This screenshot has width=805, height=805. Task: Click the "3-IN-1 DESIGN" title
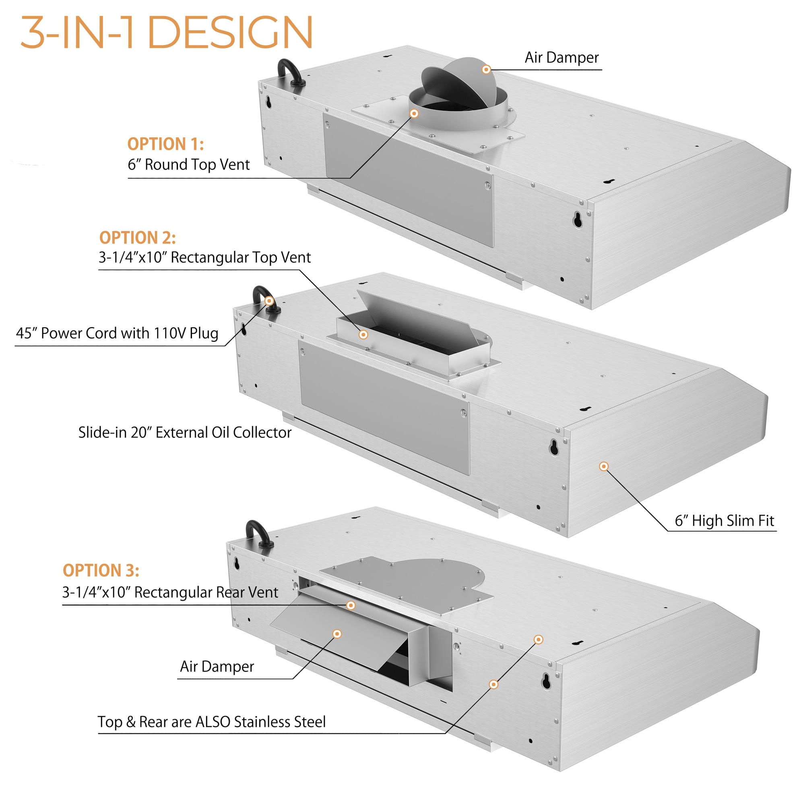pos(167,33)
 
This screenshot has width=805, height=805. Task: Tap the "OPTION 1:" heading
pos(165,144)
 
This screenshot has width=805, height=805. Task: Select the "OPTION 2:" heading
pos(138,238)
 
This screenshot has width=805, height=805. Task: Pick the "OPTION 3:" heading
pos(101,570)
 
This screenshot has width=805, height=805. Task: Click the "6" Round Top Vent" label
pos(188,165)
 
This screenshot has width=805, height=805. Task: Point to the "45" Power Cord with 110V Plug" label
pos(117,333)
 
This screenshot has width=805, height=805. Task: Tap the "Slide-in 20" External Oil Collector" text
pos(185,433)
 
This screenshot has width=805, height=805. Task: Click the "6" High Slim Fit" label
pos(724,521)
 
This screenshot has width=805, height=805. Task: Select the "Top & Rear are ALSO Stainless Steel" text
pos(212,722)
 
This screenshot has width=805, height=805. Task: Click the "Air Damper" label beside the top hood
pos(561,58)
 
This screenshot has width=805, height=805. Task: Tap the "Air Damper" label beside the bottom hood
pos(217,667)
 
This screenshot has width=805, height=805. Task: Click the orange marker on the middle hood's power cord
pos(269,301)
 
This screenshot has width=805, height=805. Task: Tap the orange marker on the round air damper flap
pos(486,70)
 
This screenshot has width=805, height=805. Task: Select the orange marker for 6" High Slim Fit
pos(604,466)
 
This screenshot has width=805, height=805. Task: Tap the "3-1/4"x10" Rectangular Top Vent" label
pos(204,258)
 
